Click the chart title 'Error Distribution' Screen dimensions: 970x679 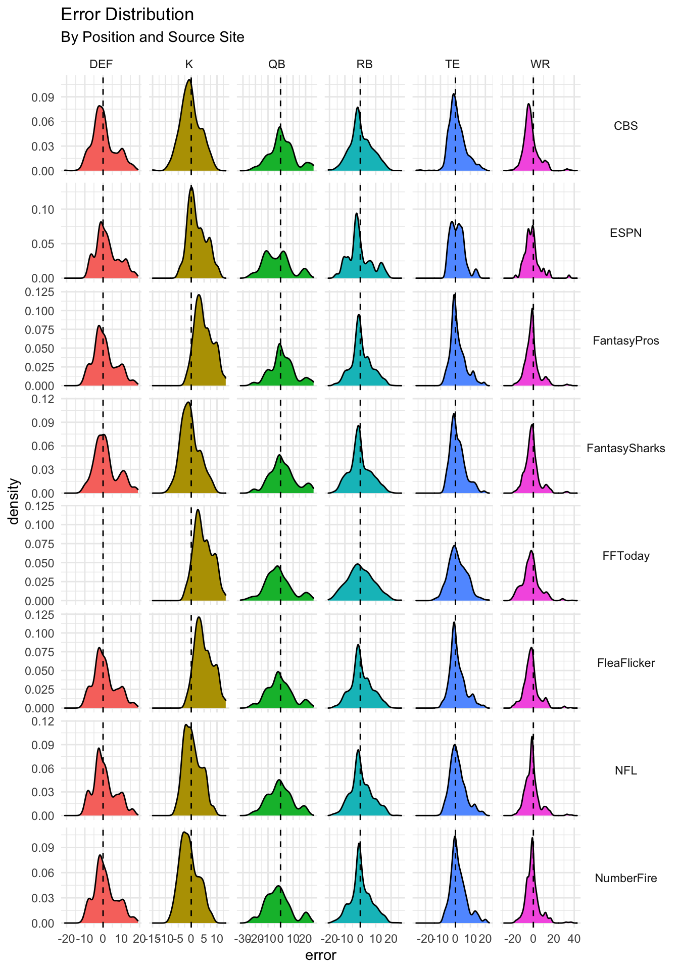pyautogui.click(x=127, y=15)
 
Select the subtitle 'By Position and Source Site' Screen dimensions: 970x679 pyautogui.click(x=152, y=37)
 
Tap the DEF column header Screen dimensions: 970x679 pyautogui.click(x=101, y=64)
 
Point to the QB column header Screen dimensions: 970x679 pyautogui.click(x=277, y=64)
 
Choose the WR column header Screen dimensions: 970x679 pyautogui.click(x=540, y=64)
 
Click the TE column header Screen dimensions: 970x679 pyautogui.click(x=452, y=64)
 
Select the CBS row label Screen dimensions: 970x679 pyautogui.click(x=625, y=126)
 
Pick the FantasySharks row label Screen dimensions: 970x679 pyautogui.click(x=625, y=448)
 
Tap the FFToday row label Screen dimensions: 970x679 pyautogui.click(x=625, y=556)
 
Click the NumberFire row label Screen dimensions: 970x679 pyautogui.click(x=625, y=878)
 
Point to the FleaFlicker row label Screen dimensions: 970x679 pyautogui.click(x=625, y=663)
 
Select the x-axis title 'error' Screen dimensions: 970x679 pyautogui.click(x=321, y=955)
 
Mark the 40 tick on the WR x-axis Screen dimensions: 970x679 pyautogui.click(x=574, y=939)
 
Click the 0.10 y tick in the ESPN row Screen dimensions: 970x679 pyautogui.click(x=43, y=209)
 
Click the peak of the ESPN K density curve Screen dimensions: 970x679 pyautogui.click(x=191, y=187)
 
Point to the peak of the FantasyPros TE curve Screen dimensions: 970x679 pyautogui.click(x=454, y=296)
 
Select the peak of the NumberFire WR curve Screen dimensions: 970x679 pyautogui.click(x=532, y=838)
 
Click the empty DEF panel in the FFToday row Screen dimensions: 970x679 pyautogui.click(x=101, y=553)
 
